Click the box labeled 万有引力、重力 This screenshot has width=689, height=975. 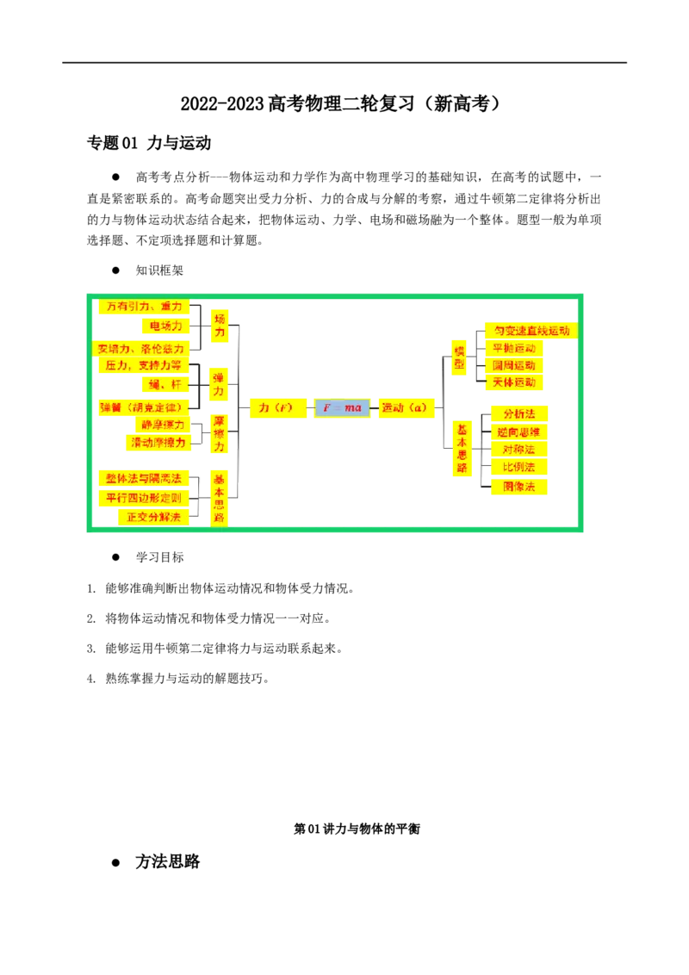click(145, 307)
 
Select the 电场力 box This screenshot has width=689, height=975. click(165, 326)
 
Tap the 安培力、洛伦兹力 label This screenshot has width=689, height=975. click(141, 349)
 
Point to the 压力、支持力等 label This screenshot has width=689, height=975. click(143, 365)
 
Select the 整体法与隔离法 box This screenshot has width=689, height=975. click(144, 478)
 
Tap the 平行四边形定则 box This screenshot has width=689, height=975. click(144, 498)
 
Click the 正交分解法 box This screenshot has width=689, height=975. click(154, 517)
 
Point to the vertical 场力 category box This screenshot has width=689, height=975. click(220, 325)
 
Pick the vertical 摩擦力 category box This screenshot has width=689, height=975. click(219, 433)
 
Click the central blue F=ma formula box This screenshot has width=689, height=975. click(342, 407)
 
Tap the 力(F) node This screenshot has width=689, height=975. click(276, 407)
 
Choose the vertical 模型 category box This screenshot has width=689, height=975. click(459, 357)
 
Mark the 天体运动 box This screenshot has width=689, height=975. click(514, 382)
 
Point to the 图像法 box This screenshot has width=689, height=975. click(519, 487)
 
